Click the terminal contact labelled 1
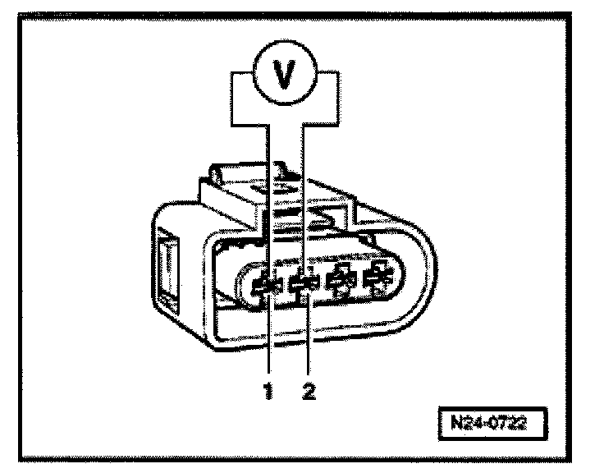coord(266,285)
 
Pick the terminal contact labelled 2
coord(304,285)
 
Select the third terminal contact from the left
coord(340,283)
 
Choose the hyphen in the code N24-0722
coord(484,426)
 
